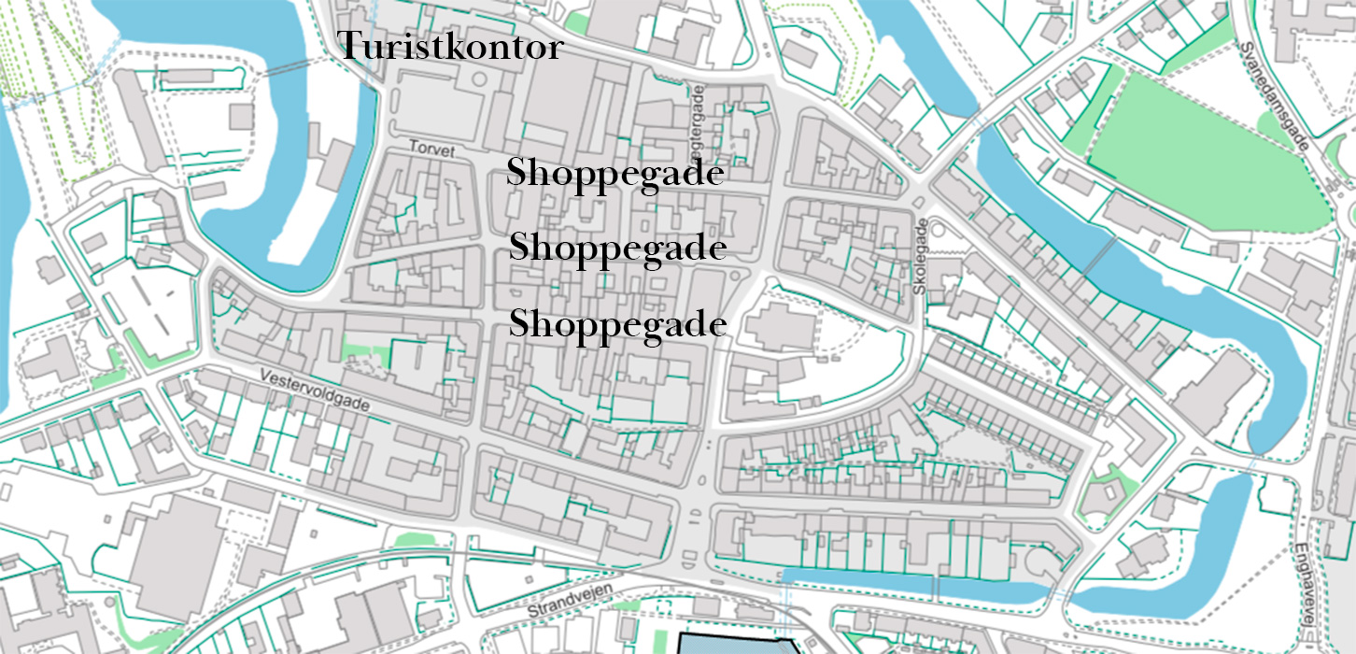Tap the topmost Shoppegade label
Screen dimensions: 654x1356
pyautogui.click(x=615, y=174)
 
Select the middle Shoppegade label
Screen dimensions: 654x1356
pyautogui.click(x=617, y=248)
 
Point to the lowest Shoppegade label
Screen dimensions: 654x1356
pyautogui.click(x=617, y=324)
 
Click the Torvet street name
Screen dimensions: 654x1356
pyautogui.click(x=431, y=149)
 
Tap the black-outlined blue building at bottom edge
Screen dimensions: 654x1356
pyautogui.click(x=738, y=645)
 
